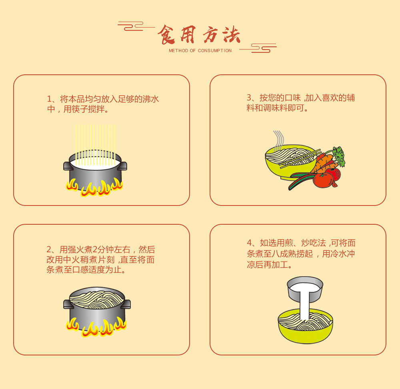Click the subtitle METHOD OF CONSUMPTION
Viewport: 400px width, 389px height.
click(x=200, y=51)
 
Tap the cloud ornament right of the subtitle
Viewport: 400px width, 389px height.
click(x=260, y=48)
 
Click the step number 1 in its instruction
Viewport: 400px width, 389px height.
click(x=50, y=99)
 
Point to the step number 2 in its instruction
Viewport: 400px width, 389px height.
click(x=49, y=250)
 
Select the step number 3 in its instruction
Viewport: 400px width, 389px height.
click(x=249, y=98)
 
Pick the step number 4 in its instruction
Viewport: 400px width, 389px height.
click(x=249, y=243)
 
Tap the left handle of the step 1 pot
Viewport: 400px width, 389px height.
click(x=66, y=166)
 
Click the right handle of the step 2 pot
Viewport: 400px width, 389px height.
click(x=126, y=304)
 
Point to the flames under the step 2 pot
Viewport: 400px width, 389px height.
click(x=96, y=327)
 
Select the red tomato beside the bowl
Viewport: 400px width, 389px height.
click(x=323, y=180)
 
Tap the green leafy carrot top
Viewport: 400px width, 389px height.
click(x=338, y=156)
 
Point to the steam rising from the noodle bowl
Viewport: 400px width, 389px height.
click(x=278, y=139)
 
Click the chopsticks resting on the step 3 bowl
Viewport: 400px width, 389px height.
click(x=300, y=159)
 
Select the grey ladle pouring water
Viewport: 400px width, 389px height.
click(x=305, y=287)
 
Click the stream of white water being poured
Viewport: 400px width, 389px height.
click(x=304, y=306)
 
